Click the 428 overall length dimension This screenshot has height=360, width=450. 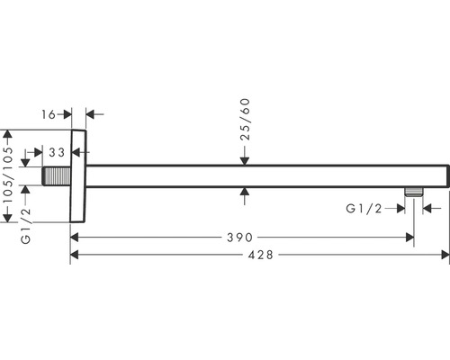(261, 255)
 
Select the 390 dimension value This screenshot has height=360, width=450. (239, 238)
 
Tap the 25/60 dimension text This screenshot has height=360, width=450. (245, 120)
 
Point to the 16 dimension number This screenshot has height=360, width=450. (49, 114)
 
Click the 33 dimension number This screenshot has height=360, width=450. (57, 152)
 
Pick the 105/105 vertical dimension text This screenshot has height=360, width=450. (8, 175)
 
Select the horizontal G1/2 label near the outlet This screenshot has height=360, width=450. (364, 209)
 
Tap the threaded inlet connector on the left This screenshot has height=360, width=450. (57, 176)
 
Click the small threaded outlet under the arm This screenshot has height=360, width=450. (413, 192)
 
